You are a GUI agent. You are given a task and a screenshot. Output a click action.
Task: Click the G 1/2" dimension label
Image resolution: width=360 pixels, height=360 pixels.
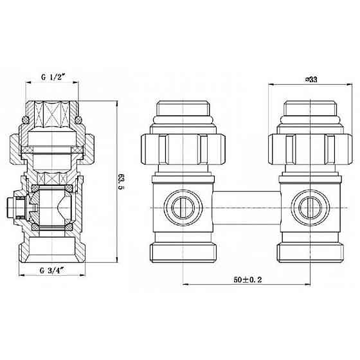(x=53, y=77)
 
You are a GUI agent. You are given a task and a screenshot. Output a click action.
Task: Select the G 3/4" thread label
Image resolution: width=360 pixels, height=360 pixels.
(x=52, y=271)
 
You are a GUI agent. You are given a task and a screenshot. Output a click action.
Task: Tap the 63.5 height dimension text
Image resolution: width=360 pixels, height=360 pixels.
(x=121, y=181)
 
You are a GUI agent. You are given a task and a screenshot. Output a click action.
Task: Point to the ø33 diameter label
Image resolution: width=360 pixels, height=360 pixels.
(x=311, y=79)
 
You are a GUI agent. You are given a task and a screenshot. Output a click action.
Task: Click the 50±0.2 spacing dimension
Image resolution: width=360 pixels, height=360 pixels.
(x=248, y=280)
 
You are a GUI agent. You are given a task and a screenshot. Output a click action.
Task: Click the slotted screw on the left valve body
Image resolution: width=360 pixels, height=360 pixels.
(x=183, y=208)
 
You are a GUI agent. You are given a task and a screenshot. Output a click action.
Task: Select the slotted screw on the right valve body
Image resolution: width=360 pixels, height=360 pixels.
(x=310, y=208)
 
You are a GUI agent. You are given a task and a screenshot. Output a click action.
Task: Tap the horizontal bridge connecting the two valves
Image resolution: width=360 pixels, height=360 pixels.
(x=248, y=208)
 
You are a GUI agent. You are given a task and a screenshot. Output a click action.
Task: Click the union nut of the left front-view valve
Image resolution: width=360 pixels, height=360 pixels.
(x=183, y=149)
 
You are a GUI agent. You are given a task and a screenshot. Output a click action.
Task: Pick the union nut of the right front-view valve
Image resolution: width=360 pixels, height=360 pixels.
(x=310, y=149)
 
